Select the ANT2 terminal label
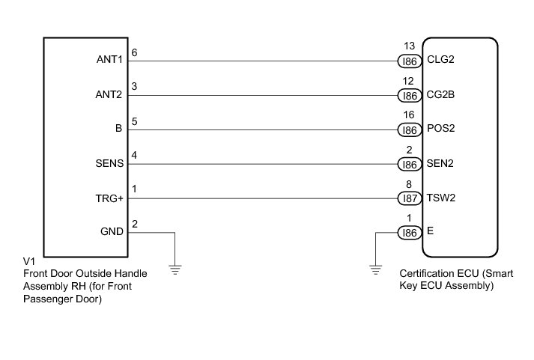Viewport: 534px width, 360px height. point(110,96)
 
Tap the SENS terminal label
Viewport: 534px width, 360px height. point(109,164)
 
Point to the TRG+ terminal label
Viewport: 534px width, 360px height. point(110,198)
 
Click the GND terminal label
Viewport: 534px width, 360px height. point(112,232)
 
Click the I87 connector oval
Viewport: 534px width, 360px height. point(409,198)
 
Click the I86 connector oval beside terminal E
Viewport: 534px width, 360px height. point(409,233)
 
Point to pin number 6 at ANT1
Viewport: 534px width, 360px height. point(134,53)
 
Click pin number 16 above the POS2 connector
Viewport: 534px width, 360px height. point(409,115)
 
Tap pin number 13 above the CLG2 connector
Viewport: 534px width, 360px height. point(409,46)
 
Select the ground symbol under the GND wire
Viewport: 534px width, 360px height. point(175,269)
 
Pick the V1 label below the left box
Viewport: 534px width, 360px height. point(29,261)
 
